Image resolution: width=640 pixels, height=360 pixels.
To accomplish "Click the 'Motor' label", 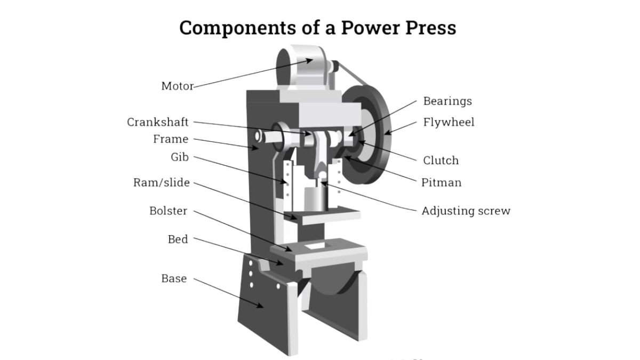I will [177, 86].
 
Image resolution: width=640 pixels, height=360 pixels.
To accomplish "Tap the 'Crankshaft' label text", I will [157, 122].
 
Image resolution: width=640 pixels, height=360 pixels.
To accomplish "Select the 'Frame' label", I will [171, 139].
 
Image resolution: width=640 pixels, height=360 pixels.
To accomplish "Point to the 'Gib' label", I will [179, 157].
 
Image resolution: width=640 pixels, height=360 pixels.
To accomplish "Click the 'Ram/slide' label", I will [161, 183].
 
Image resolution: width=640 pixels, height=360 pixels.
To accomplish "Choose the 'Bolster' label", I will [168, 211].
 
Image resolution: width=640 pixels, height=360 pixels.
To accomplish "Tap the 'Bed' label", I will [178, 239].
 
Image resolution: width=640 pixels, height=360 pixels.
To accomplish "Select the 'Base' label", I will [174, 278].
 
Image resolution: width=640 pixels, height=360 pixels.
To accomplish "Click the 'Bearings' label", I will [447, 101].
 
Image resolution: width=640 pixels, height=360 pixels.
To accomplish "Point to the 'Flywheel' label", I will [449, 122].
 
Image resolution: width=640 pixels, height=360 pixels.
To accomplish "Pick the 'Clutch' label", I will [441, 160].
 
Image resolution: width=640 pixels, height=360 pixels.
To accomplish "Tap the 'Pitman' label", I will [441, 182].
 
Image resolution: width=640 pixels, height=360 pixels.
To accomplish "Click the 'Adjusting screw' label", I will [466, 211].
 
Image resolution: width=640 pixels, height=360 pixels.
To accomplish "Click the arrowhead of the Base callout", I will [262, 306].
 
